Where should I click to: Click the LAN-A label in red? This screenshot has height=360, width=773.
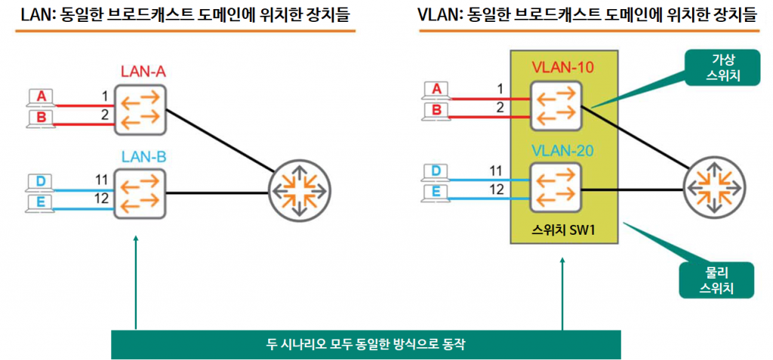143,72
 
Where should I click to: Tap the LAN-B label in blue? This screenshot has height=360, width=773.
143,158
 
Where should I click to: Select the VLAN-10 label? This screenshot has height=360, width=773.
562,67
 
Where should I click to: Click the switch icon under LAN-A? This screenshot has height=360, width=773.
140,109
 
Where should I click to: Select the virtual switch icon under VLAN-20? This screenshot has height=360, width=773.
556,188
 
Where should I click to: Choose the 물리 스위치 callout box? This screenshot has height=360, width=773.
714,280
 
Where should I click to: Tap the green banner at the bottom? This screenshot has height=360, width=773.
365,345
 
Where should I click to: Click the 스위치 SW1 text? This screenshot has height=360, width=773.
563,228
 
